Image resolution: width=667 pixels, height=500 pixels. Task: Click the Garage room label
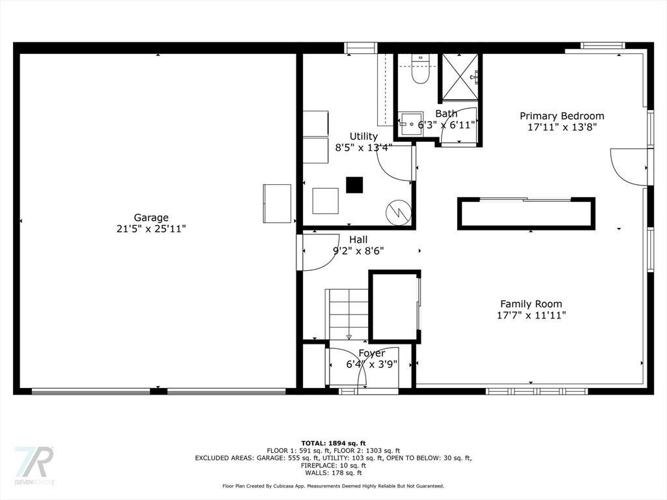(x=151, y=217)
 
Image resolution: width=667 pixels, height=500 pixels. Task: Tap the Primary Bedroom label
(x=562, y=116)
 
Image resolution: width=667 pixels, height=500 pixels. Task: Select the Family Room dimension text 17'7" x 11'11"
(x=532, y=315)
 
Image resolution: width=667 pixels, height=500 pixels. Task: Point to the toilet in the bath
(x=420, y=70)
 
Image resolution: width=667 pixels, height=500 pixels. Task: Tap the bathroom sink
(x=411, y=124)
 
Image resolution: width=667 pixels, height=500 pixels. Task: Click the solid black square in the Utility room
(x=354, y=185)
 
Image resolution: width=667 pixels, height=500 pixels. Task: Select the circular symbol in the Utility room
(x=399, y=212)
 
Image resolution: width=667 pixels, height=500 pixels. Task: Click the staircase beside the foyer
(x=348, y=314)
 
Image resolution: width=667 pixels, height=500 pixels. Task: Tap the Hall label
(x=358, y=240)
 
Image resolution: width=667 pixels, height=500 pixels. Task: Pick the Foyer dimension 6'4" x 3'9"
(x=372, y=365)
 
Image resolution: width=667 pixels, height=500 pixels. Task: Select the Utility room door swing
(x=394, y=163)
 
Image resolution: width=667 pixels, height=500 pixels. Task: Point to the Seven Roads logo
(x=34, y=465)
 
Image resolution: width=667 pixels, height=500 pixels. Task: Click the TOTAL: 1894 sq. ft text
(x=333, y=443)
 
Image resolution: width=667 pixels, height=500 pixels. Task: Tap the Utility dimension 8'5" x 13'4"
(x=363, y=148)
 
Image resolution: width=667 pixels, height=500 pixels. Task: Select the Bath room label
(x=446, y=113)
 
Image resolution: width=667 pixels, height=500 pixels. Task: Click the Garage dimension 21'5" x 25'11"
(x=151, y=229)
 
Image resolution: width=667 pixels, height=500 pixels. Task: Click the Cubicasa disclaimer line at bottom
(x=333, y=486)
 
